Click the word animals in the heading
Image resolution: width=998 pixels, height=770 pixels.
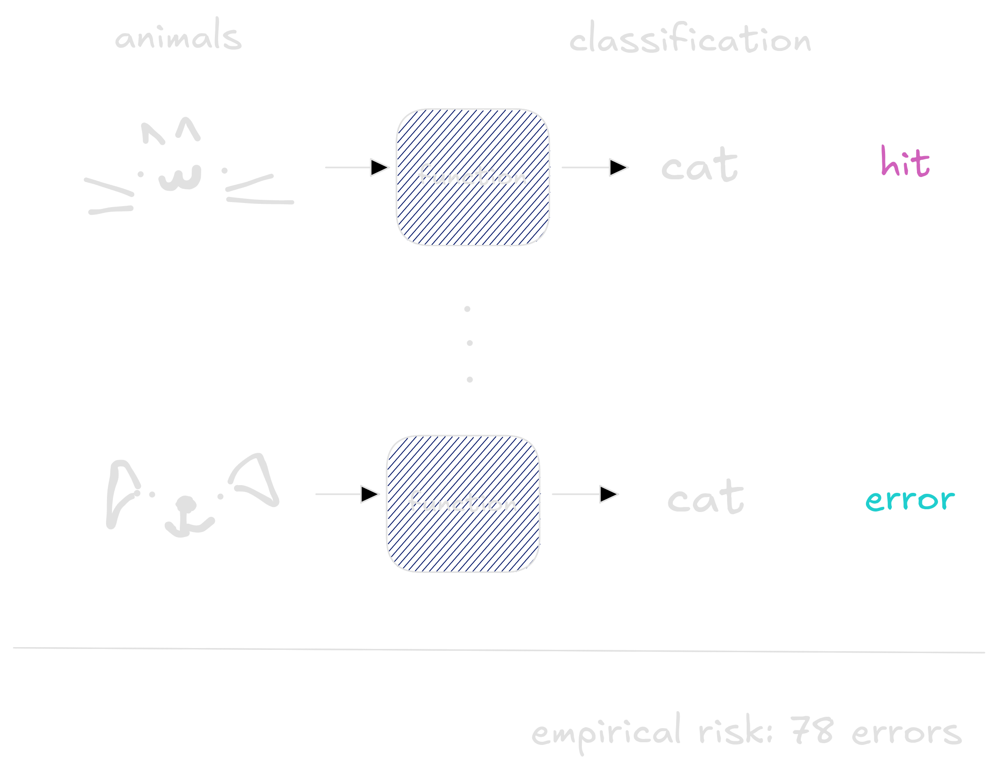[178, 34]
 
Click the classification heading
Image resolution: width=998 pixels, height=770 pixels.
[690, 37]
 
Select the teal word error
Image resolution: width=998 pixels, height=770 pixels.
[910, 500]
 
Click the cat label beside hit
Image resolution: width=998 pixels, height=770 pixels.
[700, 165]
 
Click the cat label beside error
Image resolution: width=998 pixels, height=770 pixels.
[706, 497]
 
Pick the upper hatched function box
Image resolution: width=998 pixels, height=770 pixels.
[473, 177]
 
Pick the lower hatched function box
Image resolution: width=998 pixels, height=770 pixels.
[463, 504]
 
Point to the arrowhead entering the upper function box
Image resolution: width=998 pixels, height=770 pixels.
[379, 167]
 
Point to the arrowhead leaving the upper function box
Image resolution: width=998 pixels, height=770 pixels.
[618, 167]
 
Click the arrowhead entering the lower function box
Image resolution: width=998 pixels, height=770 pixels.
[370, 494]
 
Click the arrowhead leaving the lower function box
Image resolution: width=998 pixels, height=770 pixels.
[609, 494]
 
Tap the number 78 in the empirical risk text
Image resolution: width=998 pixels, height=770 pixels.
[812, 730]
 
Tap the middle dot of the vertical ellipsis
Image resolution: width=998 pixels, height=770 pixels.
[470, 343]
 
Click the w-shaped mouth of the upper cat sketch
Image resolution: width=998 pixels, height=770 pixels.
[180, 178]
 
